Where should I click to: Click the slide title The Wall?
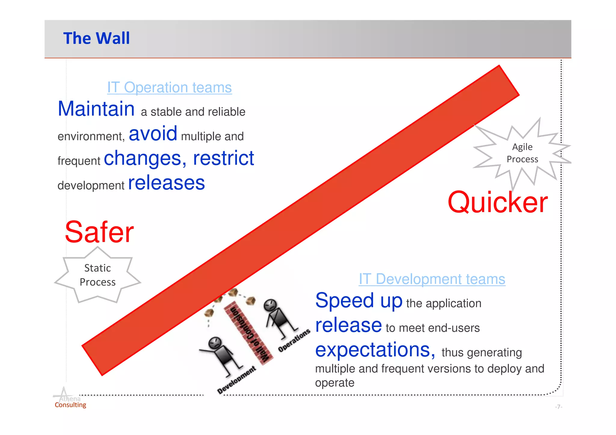pyautogui.click(x=96, y=38)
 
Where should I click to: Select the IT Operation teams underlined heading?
pyautogui.click(x=169, y=87)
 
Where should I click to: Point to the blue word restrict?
pyautogui.click(x=223, y=158)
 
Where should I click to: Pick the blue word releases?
pyautogui.click(x=166, y=183)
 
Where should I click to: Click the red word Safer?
pyautogui.click(x=99, y=232)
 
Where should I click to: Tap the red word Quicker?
pyautogui.click(x=497, y=203)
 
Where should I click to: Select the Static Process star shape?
pyautogui.click(x=97, y=275)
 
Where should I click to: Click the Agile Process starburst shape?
pyautogui.click(x=522, y=153)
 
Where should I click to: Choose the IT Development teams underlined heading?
pyautogui.click(x=432, y=279)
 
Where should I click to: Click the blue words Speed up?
pyautogui.click(x=359, y=301)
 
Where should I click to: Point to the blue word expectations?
pyautogui.click(x=375, y=350)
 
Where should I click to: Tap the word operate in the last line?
pyautogui.click(x=334, y=383)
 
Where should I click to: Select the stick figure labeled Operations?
pyautogui.click(x=278, y=319)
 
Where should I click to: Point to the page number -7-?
pyautogui.click(x=559, y=407)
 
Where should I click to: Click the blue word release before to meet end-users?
pyautogui.click(x=348, y=326)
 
